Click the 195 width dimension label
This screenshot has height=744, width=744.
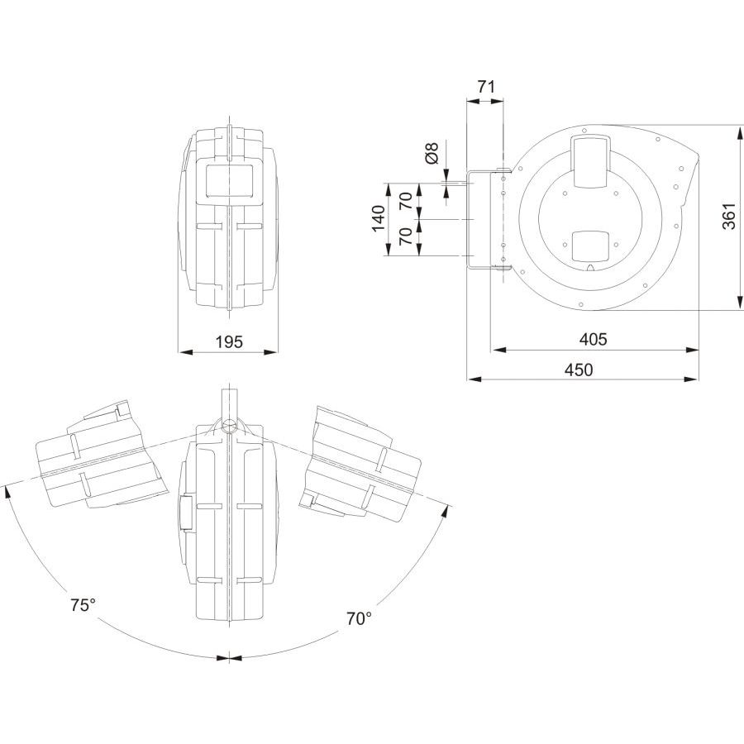point(229,341)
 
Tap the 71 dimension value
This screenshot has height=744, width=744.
point(486,87)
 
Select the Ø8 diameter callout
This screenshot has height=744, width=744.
point(432,153)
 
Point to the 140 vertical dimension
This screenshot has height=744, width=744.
point(378,218)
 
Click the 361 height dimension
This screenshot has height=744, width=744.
point(729,216)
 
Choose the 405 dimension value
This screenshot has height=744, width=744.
point(593,339)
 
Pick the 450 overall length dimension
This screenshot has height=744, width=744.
point(579,370)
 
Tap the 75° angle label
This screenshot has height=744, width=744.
point(83,605)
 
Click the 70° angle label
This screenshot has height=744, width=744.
point(359,618)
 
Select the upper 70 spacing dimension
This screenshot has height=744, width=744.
point(406,201)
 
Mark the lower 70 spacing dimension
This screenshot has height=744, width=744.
point(406,236)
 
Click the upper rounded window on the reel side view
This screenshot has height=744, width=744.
point(591,161)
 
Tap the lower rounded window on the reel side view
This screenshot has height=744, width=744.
point(591,246)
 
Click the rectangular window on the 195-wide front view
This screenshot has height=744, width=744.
point(229,180)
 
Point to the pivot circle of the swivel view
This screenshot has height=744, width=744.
point(230,425)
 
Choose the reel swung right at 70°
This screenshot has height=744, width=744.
point(360,461)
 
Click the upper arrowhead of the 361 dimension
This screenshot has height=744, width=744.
point(740,133)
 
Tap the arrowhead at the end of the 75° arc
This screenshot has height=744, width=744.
point(7,492)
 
